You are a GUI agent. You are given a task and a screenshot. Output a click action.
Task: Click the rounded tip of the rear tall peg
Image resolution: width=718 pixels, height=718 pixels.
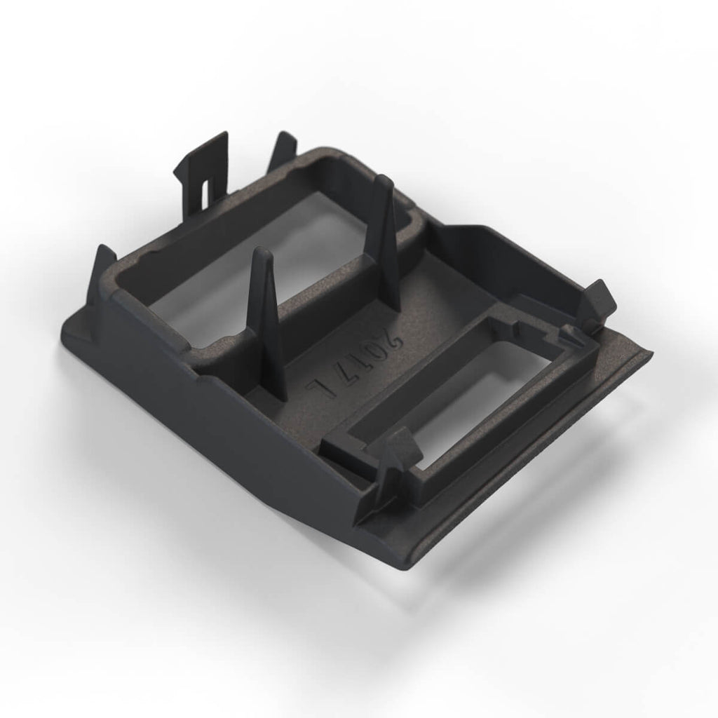click(383, 182)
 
